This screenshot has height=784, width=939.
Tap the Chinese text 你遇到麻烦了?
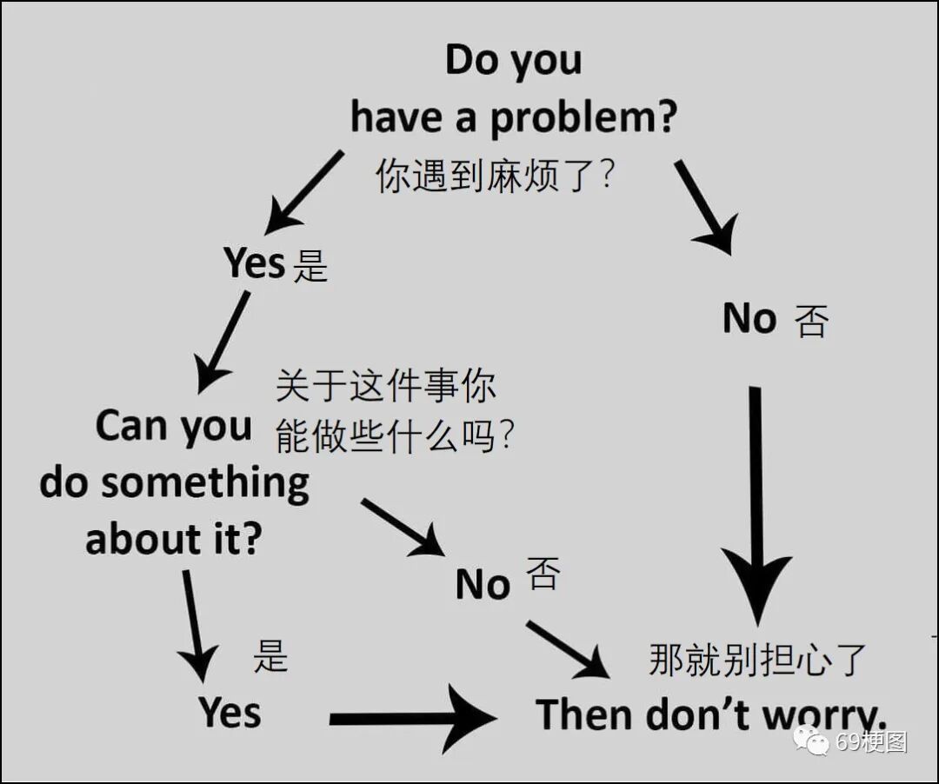point(496,176)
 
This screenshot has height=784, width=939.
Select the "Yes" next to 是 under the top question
point(254,262)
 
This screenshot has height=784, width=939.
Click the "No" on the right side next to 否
point(749,319)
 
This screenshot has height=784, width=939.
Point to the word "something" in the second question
point(205,484)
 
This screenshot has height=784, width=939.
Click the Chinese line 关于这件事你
point(386,385)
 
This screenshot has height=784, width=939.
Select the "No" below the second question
point(483,585)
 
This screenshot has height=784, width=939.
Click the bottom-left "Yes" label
point(230,712)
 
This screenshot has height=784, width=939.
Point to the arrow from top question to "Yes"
point(303,192)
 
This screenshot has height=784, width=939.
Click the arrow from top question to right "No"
point(704,206)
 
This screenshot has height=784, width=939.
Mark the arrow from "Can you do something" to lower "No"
point(402,527)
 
